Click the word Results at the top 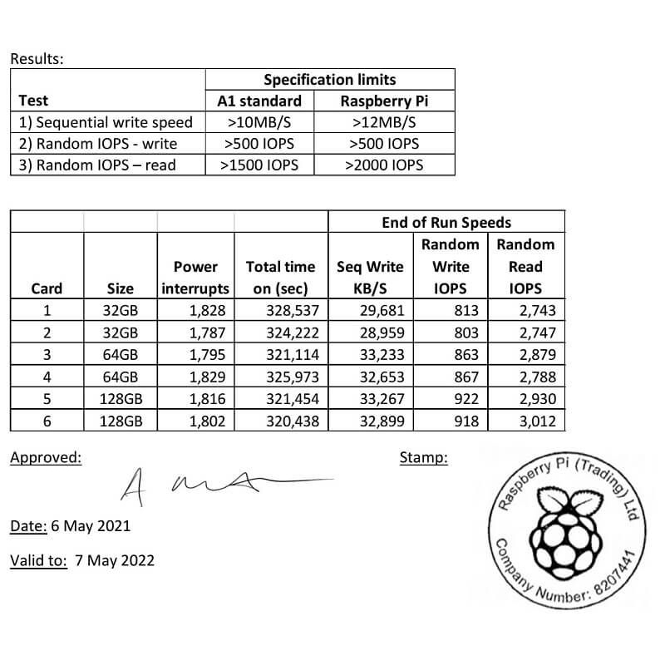pyautogui.click(x=37, y=59)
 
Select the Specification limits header pyautogui.click(x=330, y=80)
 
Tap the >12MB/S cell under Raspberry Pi pyautogui.click(x=383, y=122)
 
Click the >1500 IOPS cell pyautogui.click(x=259, y=165)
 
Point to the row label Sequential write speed pyautogui.click(x=106, y=122)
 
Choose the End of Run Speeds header pyautogui.click(x=446, y=222)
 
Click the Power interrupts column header pyautogui.click(x=196, y=278)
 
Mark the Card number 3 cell pyautogui.click(x=47, y=355)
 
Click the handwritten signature pyautogui.click(x=216, y=484)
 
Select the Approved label pyautogui.click(x=46, y=457)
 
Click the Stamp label pyautogui.click(x=423, y=457)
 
